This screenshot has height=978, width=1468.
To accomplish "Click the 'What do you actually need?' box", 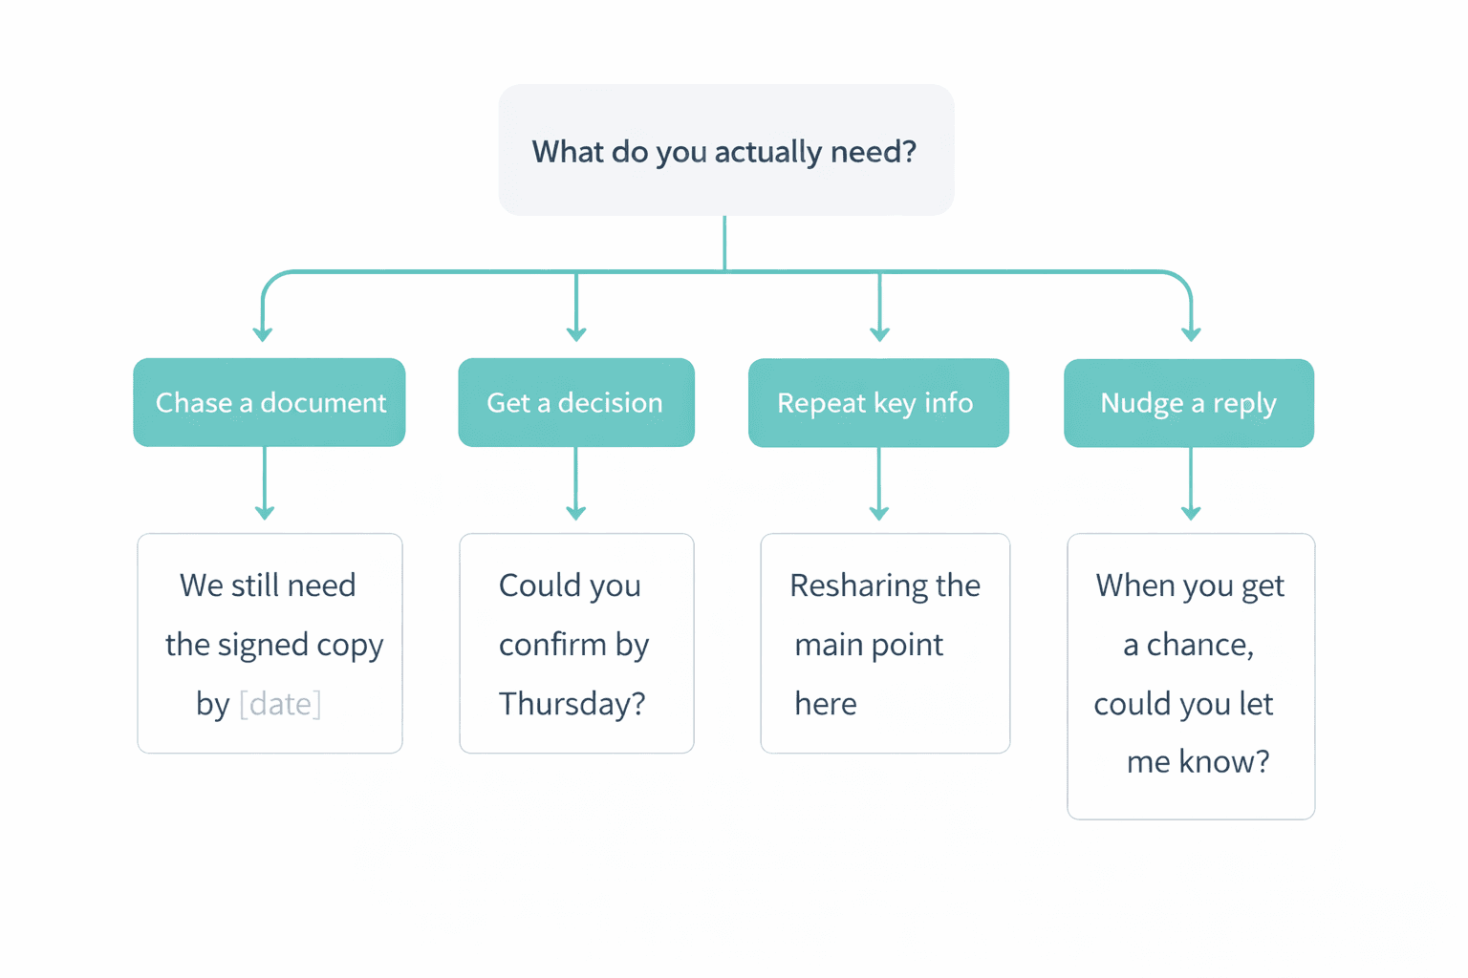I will [x=726, y=150].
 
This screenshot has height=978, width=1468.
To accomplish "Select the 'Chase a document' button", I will [x=270, y=402].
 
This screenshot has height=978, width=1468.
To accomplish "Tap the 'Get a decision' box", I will [x=575, y=402].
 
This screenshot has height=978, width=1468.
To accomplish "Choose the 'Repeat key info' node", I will [x=877, y=402].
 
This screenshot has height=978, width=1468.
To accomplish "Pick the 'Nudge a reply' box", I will [x=1188, y=402].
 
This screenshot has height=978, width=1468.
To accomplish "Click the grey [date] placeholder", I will [x=280, y=704].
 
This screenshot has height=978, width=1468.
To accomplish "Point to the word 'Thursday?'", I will [x=572, y=704].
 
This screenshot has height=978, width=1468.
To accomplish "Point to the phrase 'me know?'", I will [x=1198, y=762].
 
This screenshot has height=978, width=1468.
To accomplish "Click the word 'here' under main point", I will [x=825, y=704].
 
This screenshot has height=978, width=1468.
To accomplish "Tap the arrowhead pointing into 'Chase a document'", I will [x=263, y=333].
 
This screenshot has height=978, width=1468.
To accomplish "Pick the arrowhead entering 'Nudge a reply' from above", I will [x=1191, y=333].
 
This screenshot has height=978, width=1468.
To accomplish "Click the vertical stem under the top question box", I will [x=724, y=243].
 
